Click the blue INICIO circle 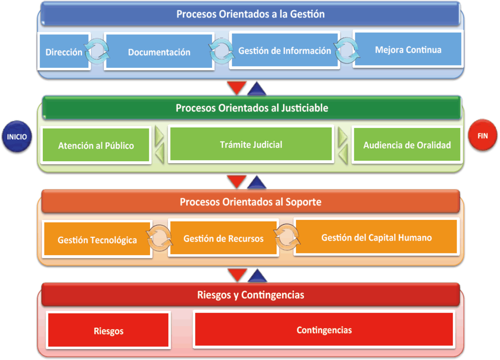click(17, 136)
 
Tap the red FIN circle click(483, 135)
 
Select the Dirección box click(64, 51)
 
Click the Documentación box click(159, 51)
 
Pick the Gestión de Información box click(284, 50)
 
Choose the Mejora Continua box click(408, 49)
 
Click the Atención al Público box click(96, 145)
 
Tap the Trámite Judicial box click(251, 144)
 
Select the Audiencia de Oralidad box click(407, 145)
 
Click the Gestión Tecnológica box click(97, 239)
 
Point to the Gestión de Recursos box click(223, 238)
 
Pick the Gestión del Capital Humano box click(376, 237)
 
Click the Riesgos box click(108, 331)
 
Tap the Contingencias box click(324, 329)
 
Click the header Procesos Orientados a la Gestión click(251, 14)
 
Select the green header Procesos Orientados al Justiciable click(252, 108)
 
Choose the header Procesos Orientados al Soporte click(251, 202)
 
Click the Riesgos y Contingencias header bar click(251, 295)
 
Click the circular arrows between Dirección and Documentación click(97, 51)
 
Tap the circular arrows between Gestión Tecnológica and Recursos click(160, 238)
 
